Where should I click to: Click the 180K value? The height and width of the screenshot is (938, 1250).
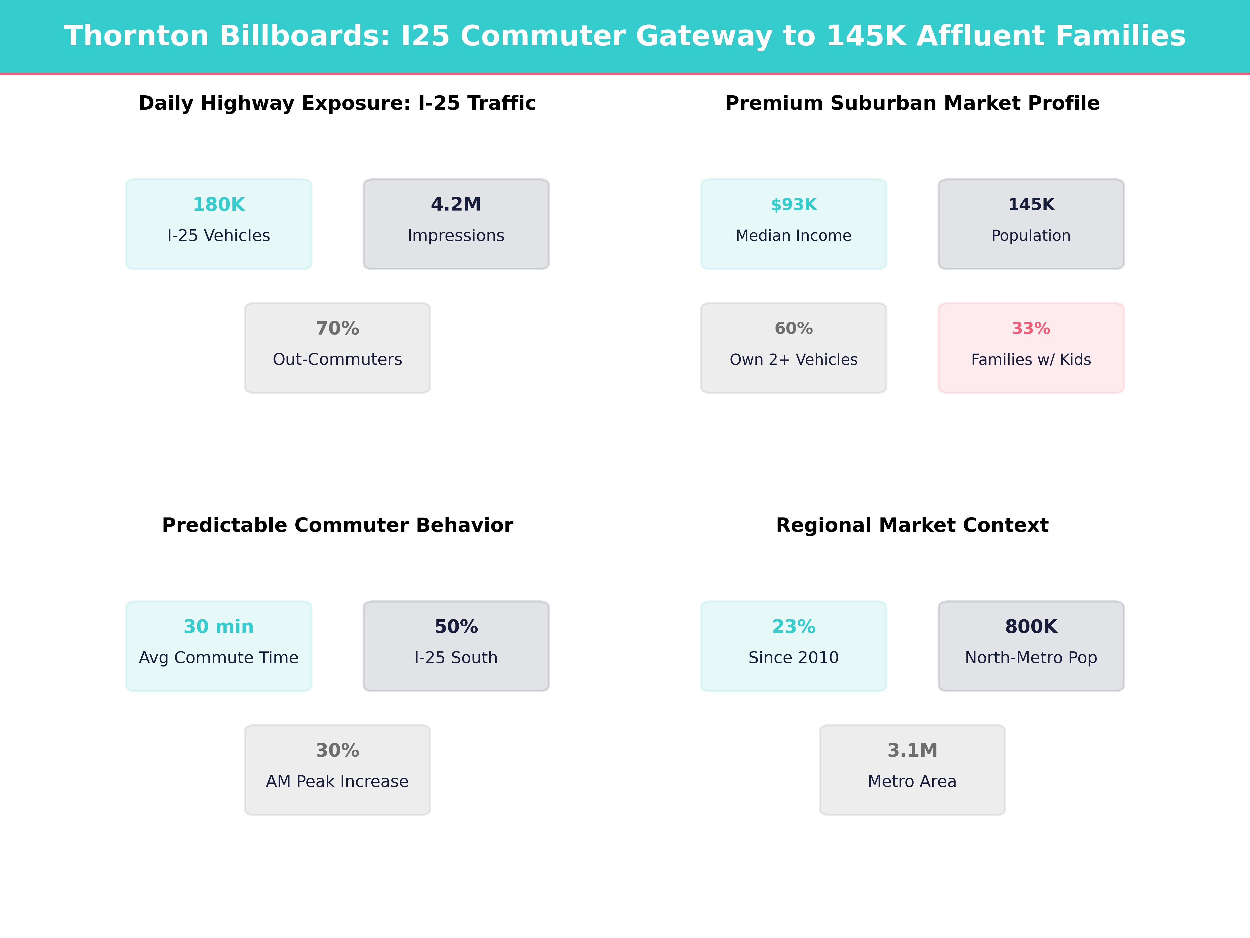click(x=219, y=205)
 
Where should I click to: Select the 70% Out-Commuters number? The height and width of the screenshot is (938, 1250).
click(x=337, y=329)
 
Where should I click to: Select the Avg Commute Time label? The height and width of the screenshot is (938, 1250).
click(x=219, y=658)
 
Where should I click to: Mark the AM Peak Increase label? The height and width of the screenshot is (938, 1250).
click(x=337, y=781)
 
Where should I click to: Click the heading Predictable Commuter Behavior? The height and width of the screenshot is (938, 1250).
click(x=337, y=525)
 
